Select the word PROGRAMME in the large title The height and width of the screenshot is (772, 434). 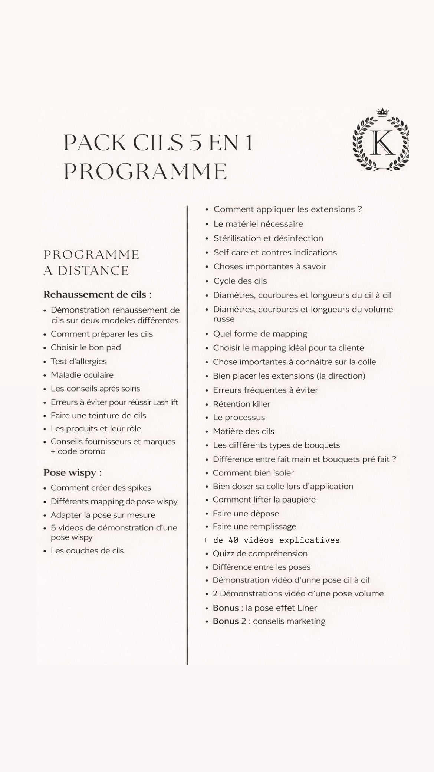(x=145, y=171)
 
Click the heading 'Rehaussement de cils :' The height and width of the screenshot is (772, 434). (x=98, y=295)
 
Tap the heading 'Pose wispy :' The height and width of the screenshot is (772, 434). (x=72, y=473)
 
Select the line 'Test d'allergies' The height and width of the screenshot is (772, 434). (x=79, y=362)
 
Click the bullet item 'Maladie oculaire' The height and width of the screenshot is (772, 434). (x=82, y=375)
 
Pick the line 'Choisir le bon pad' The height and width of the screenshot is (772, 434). (x=86, y=348)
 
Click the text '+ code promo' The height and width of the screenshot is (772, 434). (x=78, y=452)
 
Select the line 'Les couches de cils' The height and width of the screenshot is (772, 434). (x=87, y=551)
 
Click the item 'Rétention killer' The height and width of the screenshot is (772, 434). (x=241, y=404)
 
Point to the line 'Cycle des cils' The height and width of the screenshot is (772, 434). (x=240, y=281)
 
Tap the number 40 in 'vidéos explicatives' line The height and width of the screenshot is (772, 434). (x=233, y=540)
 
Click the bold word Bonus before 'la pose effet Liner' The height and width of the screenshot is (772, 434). (x=226, y=608)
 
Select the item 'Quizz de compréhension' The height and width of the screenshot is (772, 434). (x=260, y=553)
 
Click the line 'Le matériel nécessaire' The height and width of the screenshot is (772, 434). (x=258, y=224)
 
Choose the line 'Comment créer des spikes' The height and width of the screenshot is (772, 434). (x=101, y=488)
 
